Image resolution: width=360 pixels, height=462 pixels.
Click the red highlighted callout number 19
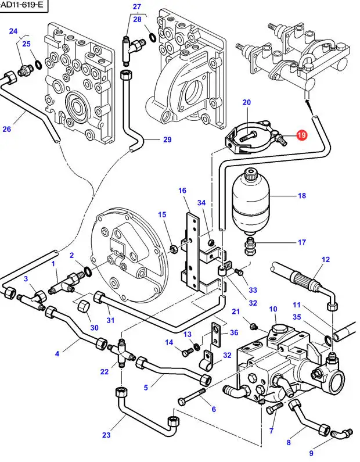tap(301, 135)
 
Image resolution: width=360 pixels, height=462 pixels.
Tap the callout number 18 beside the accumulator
tap(302, 196)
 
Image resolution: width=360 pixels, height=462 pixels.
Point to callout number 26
tap(7, 128)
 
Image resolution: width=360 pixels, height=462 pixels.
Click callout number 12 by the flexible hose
tap(325, 259)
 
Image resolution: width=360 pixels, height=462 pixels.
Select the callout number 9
tap(311, 453)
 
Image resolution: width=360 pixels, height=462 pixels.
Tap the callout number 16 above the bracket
tap(182, 190)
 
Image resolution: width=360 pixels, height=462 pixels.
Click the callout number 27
tap(137, 6)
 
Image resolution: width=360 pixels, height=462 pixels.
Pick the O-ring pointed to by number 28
tap(152, 38)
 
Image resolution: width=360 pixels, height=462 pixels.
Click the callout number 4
tap(57, 353)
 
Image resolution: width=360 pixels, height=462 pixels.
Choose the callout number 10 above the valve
tap(272, 309)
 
